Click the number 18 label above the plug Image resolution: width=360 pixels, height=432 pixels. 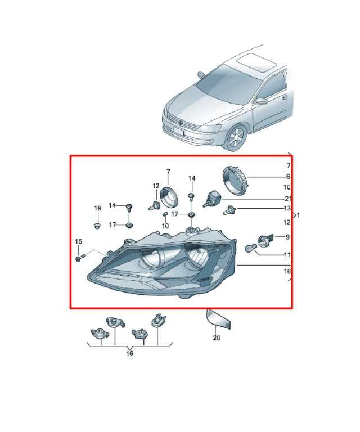pyautogui.click(x=97, y=208)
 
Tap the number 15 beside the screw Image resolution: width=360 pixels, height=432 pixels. pyautogui.click(x=79, y=242)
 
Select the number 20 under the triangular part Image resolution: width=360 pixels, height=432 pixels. pyautogui.click(x=217, y=337)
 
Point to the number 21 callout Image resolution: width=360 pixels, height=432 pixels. pyautogui.click(x=288, y=199)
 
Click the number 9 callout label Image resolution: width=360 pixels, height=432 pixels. pyautogui.click(x=287, y=237)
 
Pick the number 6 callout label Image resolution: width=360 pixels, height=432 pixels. pyautogui.click(x=288, y=176)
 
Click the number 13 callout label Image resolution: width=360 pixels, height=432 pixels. pyautogui.click(x=287, y=208)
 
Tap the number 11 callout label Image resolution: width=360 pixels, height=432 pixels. pyautogui.click(x=287, y=255)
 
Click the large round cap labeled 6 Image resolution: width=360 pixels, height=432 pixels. pyautogui.click(x=235, y=181)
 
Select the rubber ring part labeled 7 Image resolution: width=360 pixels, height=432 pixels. pyautogui.click(x=169, y=196)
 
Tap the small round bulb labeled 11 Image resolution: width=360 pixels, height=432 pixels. pyautogui.click(x=250, y=249)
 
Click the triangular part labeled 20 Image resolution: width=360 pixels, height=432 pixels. pyautogui.click(x=218, y=319)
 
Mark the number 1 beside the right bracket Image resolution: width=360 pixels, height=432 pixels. pyautogui.click(x=298, y=215)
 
